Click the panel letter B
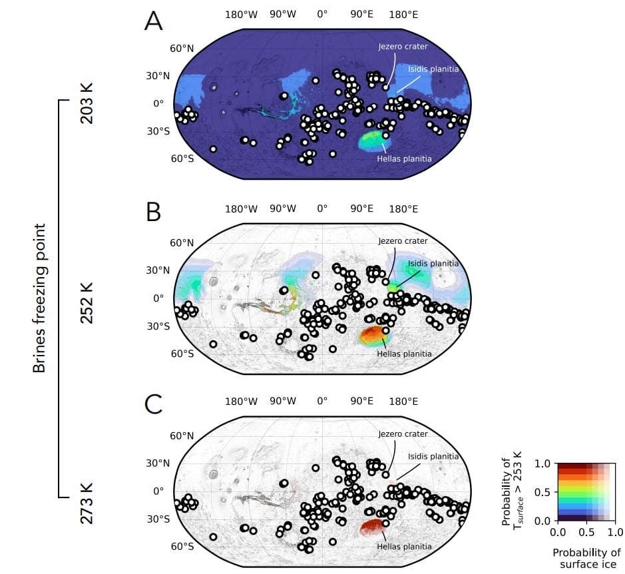pyautogui.click(x=153, y=211)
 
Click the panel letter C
pyautogui.click(x=153, y=404)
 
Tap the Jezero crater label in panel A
pyautogui.click(x=403, y=47)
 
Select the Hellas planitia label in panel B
pyautogui.click(x=405, y=354)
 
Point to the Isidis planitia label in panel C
pyautogui.click(x=433, y=456)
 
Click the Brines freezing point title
pyautogui.click(x=40, y=299)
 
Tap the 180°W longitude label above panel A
pyautogui.click(x=241, y=14)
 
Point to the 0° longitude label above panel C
pyautogui.click(x=322, y=402)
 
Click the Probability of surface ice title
pyautogui.click(x=586, y=558)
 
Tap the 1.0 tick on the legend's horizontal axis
pyautogui.click(x=615, y=533)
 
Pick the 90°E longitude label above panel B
pyautogui.click(x=362, y=208)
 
